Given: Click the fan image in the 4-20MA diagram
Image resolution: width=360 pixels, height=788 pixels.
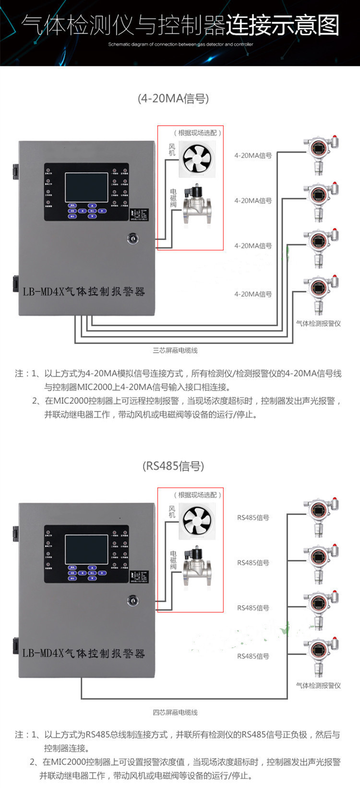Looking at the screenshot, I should coord(197,159).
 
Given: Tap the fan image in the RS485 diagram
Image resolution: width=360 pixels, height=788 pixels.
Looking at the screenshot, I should coord(197,521).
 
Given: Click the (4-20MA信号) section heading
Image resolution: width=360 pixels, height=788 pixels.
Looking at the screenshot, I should coord(173,99).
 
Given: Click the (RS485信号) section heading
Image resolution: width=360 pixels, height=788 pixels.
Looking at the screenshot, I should coord(173,466).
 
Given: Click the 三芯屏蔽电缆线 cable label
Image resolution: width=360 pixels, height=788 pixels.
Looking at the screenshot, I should coord(175,350).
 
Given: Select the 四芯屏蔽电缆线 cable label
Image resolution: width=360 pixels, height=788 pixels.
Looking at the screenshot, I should coord(175,713).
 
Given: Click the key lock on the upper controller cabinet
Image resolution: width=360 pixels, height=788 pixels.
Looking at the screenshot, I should coord(132,238).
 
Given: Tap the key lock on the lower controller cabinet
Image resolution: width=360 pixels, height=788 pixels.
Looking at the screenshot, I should coord(132,600).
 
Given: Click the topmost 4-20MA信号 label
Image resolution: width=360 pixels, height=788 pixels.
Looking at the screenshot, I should coord(253,155).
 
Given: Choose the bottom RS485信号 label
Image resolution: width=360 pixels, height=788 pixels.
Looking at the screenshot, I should coord(253,656).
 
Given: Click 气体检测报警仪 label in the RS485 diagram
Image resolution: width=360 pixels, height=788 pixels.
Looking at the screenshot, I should coord(318,686).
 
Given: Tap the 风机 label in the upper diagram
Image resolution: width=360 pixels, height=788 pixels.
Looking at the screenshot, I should coord(172,150).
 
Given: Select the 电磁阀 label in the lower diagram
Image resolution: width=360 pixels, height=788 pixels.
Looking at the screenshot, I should coord(173,560).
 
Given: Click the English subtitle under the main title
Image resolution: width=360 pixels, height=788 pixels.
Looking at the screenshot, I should coord(180,44).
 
